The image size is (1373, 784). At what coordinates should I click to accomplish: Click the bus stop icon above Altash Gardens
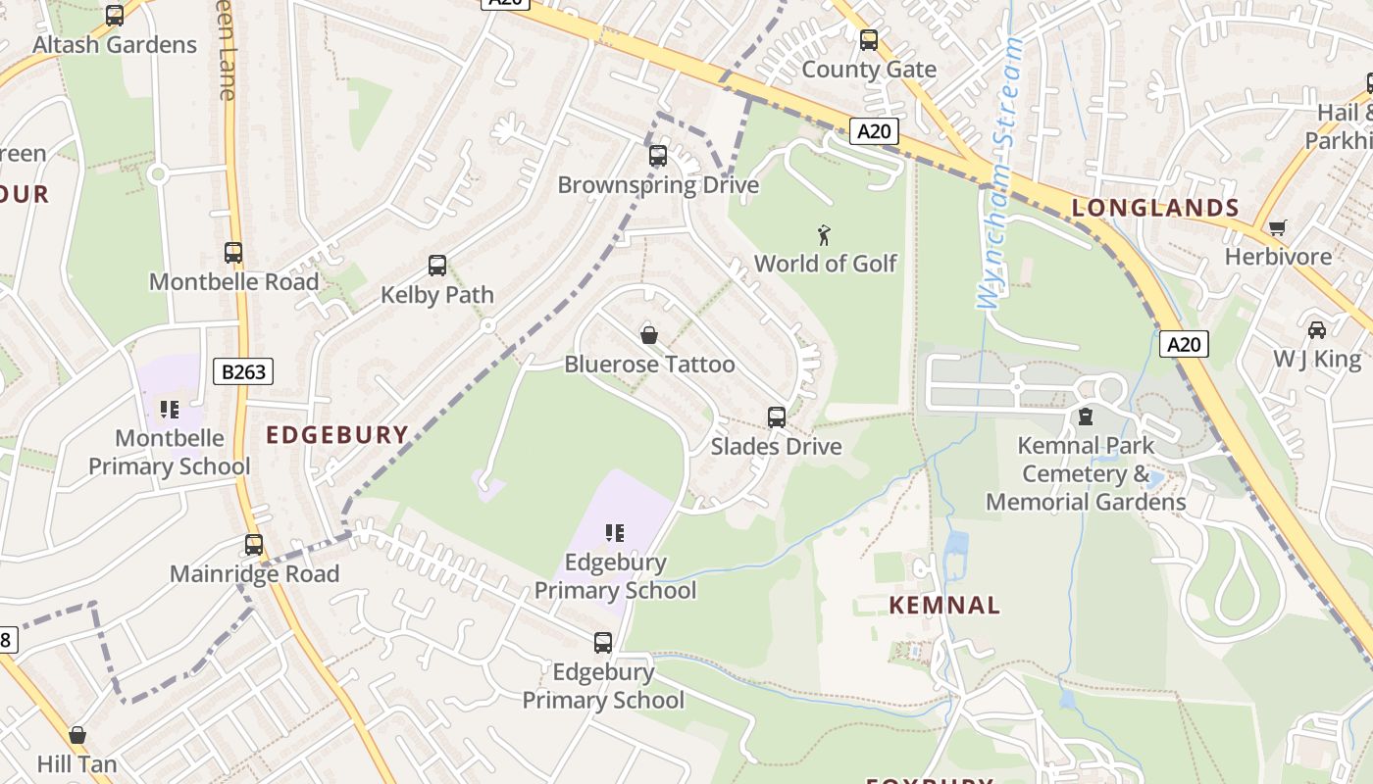115,16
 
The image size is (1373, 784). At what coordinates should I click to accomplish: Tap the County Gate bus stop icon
869,40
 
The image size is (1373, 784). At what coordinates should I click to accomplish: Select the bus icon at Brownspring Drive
658,156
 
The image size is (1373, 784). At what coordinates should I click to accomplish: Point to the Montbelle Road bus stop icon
233,253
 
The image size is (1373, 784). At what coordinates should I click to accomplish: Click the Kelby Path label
436,295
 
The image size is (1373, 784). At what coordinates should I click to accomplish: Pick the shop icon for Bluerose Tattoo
649,335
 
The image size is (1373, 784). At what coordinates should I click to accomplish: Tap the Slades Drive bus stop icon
777,417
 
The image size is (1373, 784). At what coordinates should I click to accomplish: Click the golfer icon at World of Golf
825,235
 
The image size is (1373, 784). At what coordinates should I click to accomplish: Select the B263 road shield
243,371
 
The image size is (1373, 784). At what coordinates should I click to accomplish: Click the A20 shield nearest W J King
1184,344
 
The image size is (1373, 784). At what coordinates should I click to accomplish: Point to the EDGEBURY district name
337,435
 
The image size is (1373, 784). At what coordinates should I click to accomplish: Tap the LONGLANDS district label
1155,208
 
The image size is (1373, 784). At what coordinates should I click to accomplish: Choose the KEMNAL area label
944,606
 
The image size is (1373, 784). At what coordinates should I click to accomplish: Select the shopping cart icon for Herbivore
1277,228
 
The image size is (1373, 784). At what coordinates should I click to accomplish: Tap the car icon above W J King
1316,330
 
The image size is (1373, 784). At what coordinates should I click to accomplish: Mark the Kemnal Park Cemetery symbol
1086,417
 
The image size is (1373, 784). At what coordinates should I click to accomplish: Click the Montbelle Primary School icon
169,409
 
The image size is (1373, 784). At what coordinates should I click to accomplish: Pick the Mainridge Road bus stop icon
254,545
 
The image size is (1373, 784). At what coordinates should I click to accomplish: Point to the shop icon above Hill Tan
77,735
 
